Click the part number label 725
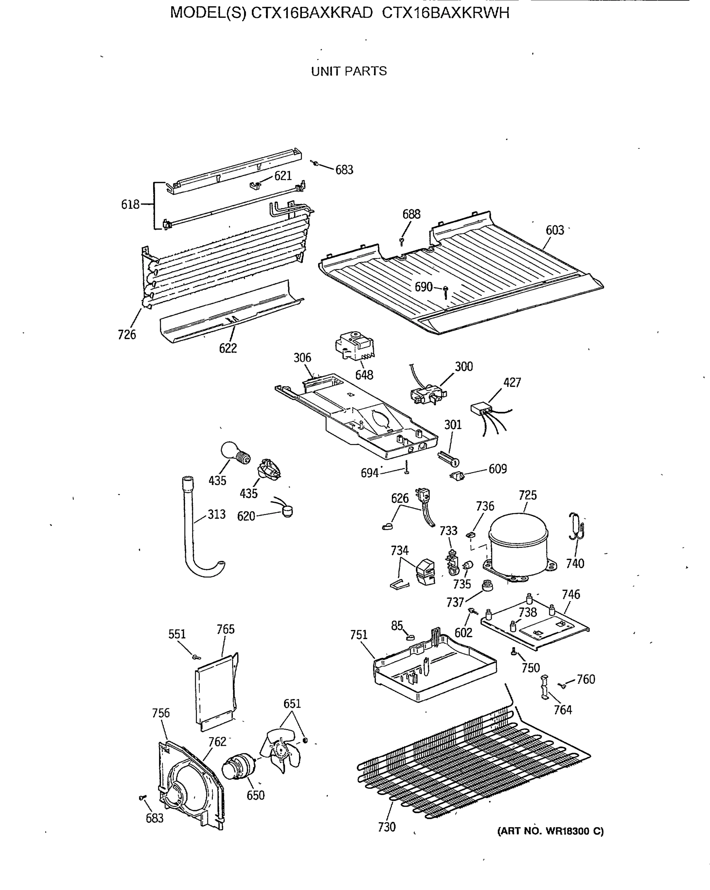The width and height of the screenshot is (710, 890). (x=527, y=495)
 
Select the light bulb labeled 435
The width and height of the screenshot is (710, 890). (x=234, y=453)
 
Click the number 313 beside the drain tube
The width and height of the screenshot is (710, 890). (x=216, y=514)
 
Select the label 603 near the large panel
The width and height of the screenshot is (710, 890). (x=554, y=230)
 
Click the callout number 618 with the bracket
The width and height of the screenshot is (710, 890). (x=130, y=204)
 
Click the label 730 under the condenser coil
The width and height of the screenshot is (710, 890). (x=386, y=827)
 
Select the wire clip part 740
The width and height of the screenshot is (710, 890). (x=577, y=527)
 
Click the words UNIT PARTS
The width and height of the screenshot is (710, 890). (x=349, y=72)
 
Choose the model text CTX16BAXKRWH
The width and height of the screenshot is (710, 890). (x=445, y=13)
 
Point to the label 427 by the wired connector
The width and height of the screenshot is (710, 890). (x=512, y=383)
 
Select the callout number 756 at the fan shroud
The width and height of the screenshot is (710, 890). (x=161, y=713)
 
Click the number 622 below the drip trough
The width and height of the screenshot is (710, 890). (x=228, y=349)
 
